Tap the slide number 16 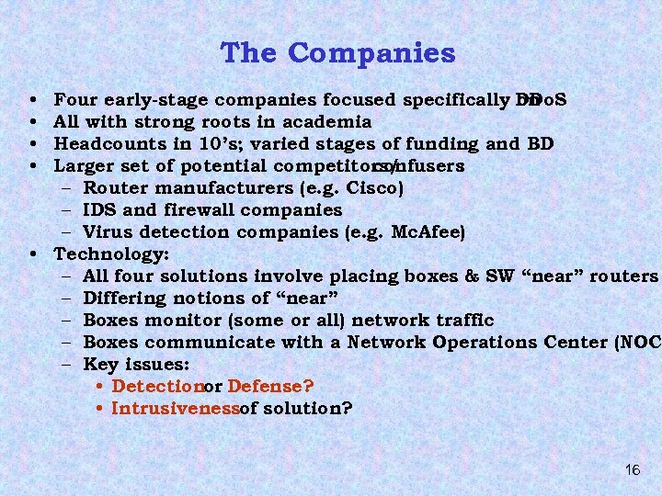pyautogui.click(x=632, y=469)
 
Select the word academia pyautogui.click(x=326, y=122)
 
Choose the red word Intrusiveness pyautogui.click(x=174, y=409)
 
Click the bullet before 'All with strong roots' pyautogui.click(x=33, y=122)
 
